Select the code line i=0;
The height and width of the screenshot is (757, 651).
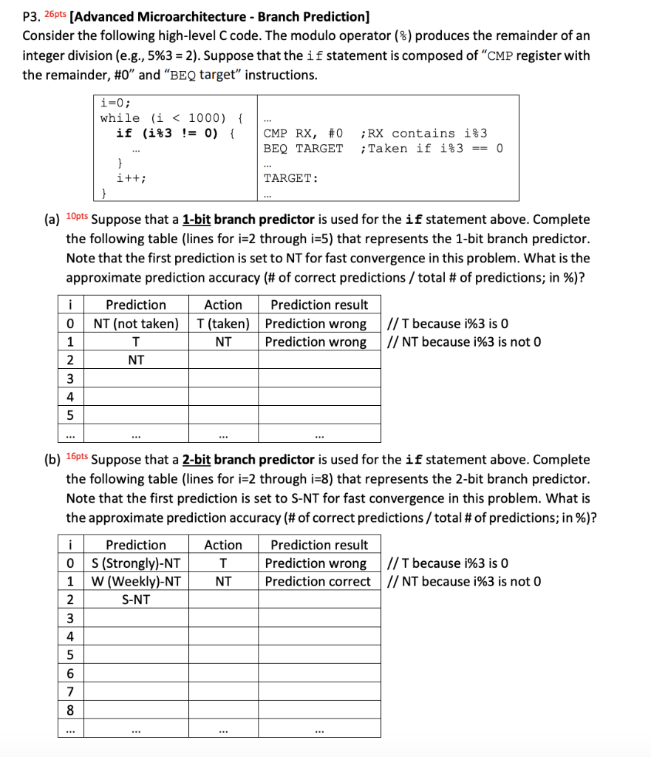(116, 103)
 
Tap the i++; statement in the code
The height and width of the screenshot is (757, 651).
(131, 178)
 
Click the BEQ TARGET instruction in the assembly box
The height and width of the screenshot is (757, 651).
(303, 149)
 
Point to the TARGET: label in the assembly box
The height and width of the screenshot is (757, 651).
(290, 179)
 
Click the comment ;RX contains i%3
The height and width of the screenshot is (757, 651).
(423, 133)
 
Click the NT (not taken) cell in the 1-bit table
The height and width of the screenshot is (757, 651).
(136, 323)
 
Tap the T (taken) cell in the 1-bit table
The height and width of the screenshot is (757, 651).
(223, 323)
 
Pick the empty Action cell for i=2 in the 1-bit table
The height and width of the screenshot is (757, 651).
(223, 360)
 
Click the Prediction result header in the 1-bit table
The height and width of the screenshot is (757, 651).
(319, 305)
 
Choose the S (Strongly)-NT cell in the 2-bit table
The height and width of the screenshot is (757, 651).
(136, 563)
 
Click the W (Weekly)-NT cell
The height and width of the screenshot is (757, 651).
(136, 582)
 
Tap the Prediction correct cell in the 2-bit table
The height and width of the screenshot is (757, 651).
(318, 582)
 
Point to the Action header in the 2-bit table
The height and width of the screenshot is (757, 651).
(223, 545)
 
